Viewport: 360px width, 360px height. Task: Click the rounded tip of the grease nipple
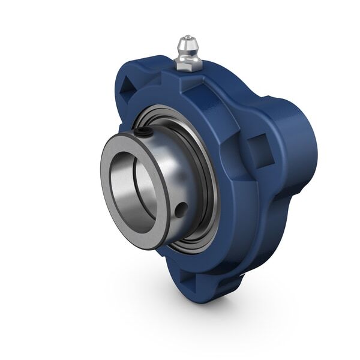tap(184, 41)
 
